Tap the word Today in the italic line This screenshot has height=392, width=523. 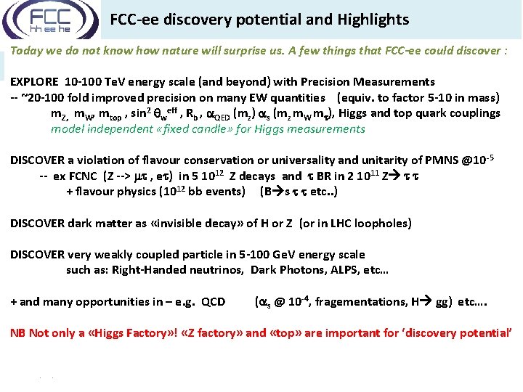(26, 52)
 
